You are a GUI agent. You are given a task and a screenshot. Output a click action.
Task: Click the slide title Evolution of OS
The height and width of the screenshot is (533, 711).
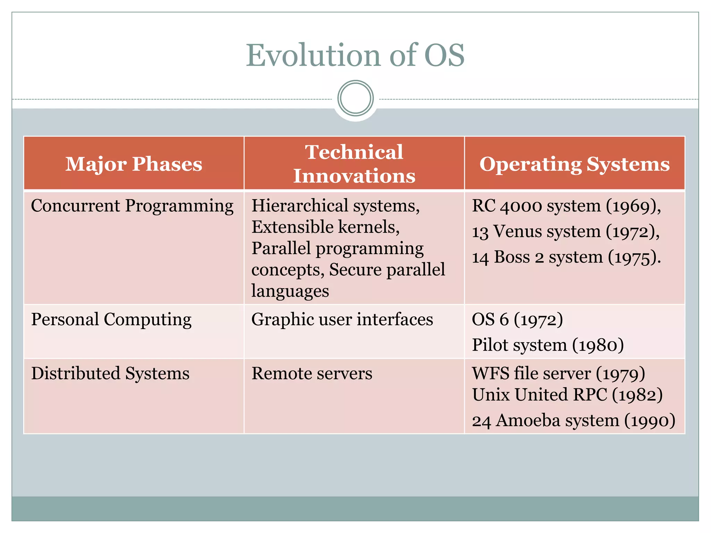355,56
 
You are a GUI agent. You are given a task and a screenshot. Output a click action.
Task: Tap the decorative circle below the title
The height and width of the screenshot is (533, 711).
355,98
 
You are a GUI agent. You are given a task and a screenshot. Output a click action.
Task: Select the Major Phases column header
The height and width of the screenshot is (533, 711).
134,164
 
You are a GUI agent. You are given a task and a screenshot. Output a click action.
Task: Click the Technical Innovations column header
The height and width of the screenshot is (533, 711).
354,164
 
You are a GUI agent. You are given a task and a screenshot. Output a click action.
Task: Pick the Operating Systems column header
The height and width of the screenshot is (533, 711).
575,164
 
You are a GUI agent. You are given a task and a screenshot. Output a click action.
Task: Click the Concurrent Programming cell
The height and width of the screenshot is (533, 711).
132,206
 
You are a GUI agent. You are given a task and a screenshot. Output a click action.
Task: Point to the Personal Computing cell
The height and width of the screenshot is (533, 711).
111,319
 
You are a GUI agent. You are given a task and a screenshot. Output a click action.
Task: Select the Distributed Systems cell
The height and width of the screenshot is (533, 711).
110,374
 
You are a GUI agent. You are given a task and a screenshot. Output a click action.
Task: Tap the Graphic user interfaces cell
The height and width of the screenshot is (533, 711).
342,319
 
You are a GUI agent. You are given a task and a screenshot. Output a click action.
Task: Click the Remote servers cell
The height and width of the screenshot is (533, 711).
311,374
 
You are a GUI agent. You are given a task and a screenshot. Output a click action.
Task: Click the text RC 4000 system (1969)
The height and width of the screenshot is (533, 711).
566,206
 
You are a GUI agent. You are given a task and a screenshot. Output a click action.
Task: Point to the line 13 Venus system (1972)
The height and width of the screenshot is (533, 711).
566,231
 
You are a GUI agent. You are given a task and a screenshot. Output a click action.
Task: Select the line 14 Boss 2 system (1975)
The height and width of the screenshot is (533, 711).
566,257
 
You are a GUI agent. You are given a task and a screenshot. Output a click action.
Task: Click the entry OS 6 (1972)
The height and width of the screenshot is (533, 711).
517,319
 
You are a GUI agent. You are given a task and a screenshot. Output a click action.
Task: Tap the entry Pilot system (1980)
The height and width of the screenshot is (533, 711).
548,345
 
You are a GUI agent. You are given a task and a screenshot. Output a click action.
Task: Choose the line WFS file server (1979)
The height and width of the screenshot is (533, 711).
558,374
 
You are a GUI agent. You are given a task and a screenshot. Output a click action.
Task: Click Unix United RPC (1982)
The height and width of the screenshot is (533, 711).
567,395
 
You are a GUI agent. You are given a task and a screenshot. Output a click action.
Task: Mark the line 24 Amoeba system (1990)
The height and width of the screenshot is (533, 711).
574,421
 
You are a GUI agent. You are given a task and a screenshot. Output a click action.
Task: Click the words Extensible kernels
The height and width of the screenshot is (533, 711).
325,227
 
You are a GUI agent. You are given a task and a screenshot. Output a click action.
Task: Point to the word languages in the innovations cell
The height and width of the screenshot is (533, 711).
290,291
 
